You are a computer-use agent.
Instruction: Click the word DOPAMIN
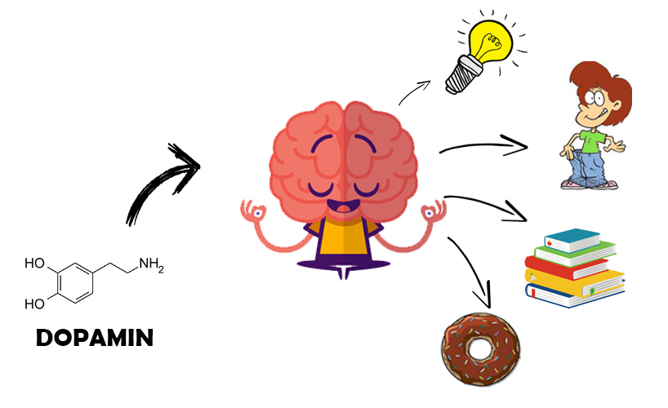click(x=95, y=338)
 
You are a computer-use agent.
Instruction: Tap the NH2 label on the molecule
click(x=151, y=264)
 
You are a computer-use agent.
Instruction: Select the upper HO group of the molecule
click(x=34, y=264)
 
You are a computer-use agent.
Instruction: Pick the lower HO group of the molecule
click(x=34, y=304)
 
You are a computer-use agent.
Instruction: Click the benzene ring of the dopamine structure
click(x=75, y=283)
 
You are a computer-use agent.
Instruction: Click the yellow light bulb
click(x=489, y=42)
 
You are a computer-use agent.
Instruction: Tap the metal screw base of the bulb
click(x=461, y=76)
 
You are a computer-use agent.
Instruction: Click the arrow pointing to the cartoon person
click(x=483, y=145)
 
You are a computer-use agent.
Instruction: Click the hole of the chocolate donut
click(x=479, y=349)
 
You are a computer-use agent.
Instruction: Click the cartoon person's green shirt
click(x=593, y=140)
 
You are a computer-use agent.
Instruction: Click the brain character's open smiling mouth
click(x=343, y=206)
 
